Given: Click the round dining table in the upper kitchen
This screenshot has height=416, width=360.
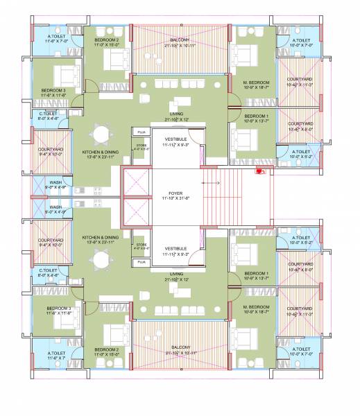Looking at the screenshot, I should (x=102, y=133).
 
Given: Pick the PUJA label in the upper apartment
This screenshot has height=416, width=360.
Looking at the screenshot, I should (x=142, y=131).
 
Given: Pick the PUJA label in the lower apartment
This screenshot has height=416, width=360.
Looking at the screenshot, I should (x=142, y=263).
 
